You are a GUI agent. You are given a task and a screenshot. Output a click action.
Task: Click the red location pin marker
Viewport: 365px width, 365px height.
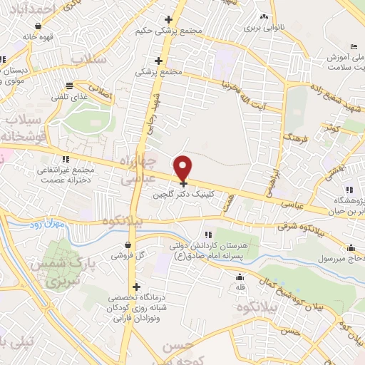[x=183, y=168]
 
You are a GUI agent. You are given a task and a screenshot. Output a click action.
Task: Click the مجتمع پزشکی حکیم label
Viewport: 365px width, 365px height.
[x=167, y=32]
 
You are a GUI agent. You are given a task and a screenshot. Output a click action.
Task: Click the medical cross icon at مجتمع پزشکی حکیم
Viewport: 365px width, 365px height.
[x=168, y=19]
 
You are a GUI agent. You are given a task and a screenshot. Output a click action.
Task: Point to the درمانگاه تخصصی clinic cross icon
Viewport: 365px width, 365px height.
[x=136, y=287]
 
